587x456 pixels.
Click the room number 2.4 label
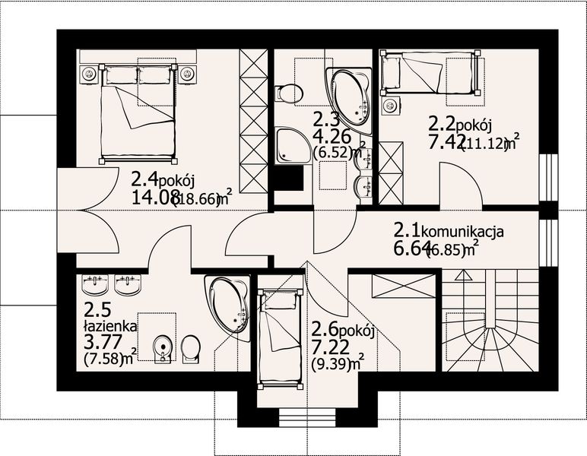click(x=145, y=180)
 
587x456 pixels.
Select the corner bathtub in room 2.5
click(x=230, y=306)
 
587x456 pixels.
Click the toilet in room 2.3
click(x=288, y=93)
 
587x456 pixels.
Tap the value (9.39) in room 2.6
click(x=331, y=363)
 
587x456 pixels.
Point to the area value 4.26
click(x=328, y=138)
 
